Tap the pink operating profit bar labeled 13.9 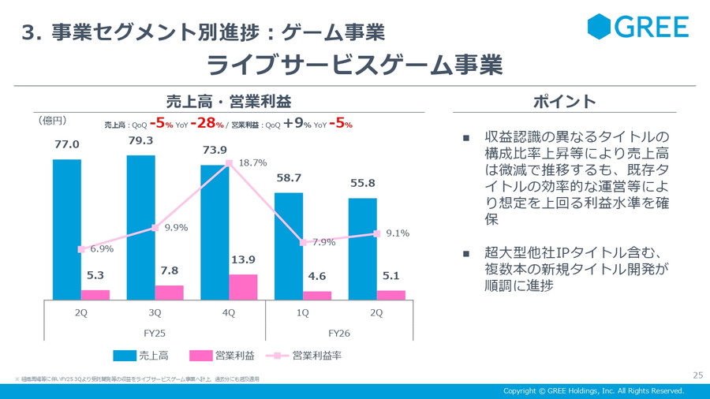tap(243, 287)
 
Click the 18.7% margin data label tap(252, 162)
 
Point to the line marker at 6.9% tap(80, 249)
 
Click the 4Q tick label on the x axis tap(228, 312)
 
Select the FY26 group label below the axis tap(338, 333)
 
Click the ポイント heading tap(564, 101)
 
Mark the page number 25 tap(697, 375)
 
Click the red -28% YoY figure tap(207, 123)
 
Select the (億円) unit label tap(53, 121)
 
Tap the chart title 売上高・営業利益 tap(229, 101)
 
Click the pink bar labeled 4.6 tap(317, 296)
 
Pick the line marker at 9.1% tap(377, 233)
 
